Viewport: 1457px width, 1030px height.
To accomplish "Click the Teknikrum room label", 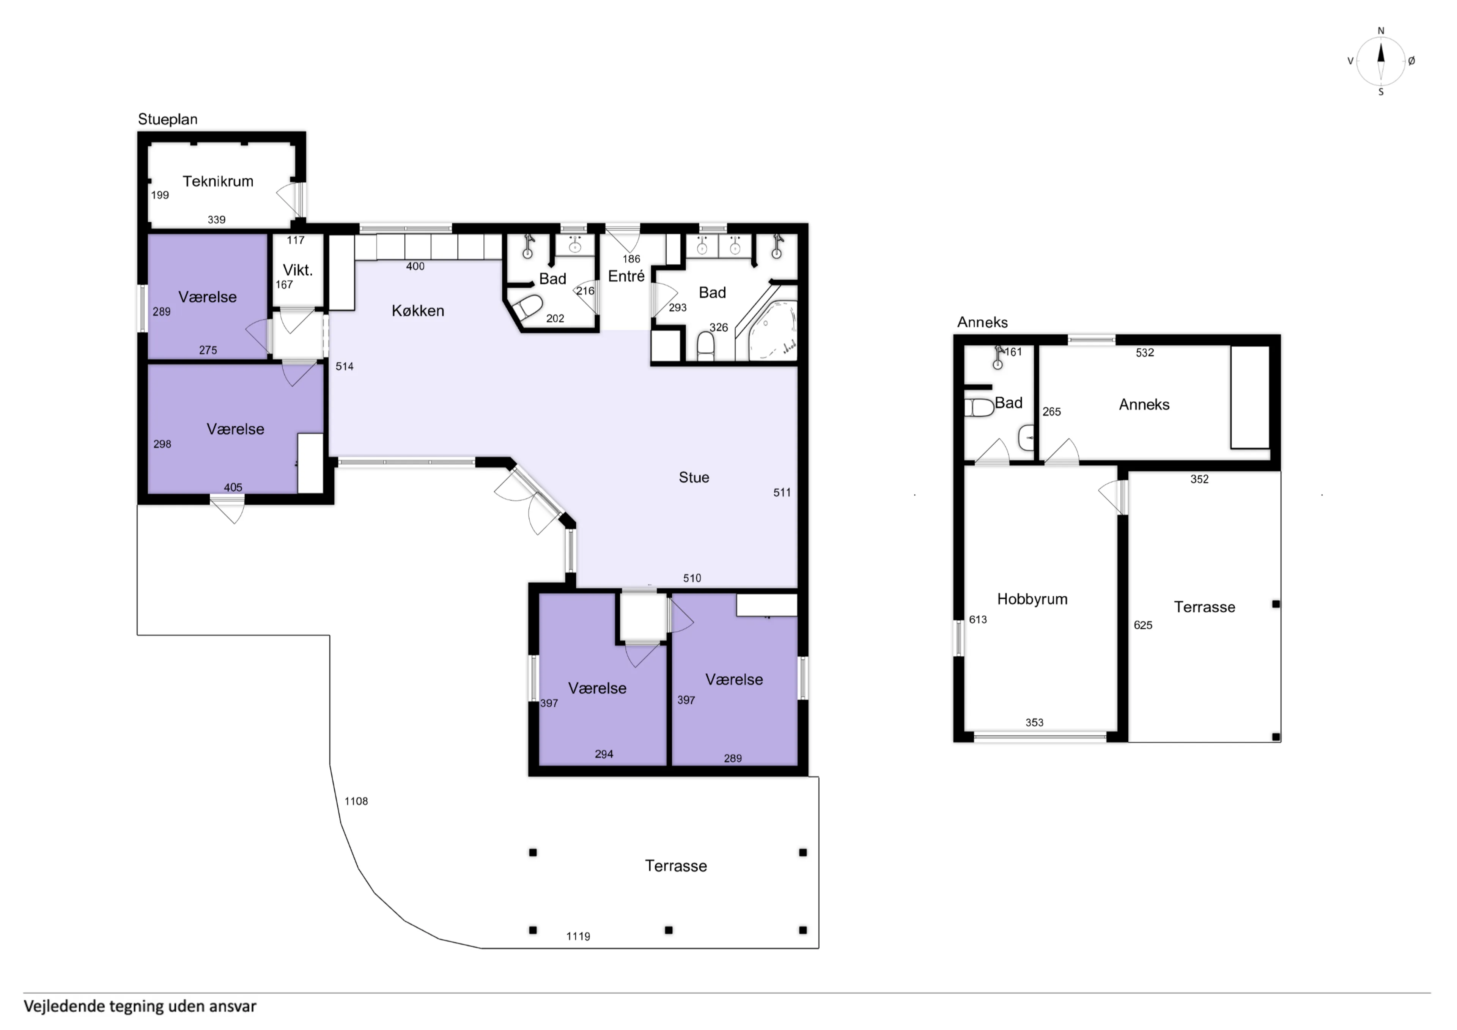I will pos(218,181).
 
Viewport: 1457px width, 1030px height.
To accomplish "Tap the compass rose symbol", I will pos(1380,61).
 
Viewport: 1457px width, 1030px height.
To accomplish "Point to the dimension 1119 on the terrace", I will pos(577,936).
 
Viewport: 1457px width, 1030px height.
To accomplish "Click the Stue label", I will pos(694,477).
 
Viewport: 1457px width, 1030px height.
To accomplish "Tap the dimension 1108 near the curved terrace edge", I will pos(356,801).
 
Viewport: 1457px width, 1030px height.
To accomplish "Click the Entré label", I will pos(626,276).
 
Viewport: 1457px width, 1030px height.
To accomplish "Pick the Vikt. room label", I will pos(297,270).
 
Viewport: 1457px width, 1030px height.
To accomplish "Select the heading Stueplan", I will pos(168,119).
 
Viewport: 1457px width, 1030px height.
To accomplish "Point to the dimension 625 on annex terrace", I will pos(1142,625).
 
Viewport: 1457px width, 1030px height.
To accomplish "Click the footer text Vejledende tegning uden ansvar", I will pos(140,1006).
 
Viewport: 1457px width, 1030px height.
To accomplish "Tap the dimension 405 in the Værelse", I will pos(233,487).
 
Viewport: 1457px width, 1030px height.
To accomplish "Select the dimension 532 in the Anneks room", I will pos(1144,353).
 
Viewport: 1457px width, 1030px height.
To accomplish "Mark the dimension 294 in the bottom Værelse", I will pos(604,754).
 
